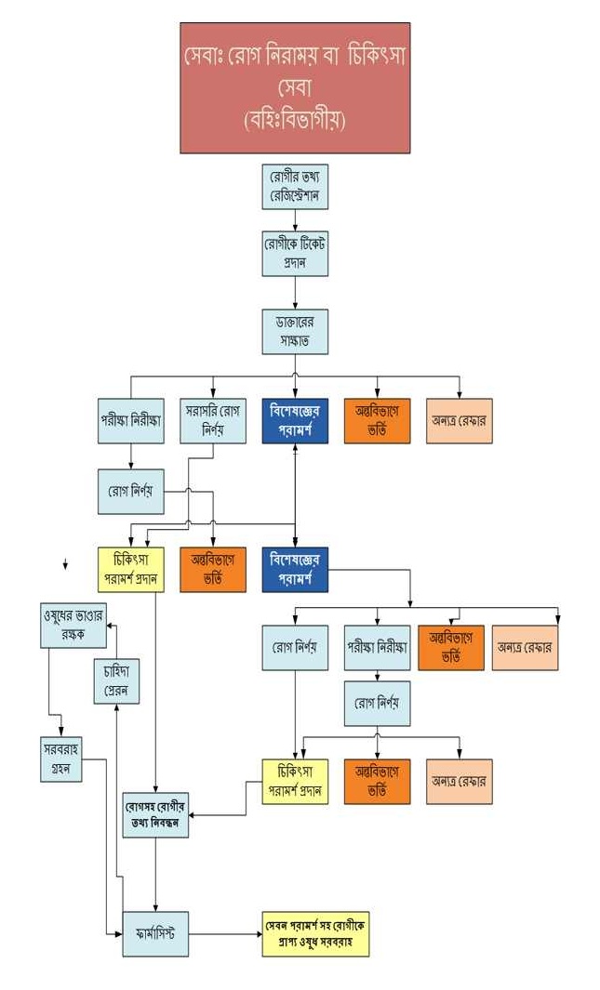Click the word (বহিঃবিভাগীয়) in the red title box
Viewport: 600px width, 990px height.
point(295,120)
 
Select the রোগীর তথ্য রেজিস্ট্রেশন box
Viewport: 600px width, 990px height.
point(295,188)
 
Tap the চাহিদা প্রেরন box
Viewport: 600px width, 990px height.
point(115,681)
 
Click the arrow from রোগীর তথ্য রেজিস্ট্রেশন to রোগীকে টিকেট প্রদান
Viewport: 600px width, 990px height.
point(295,220)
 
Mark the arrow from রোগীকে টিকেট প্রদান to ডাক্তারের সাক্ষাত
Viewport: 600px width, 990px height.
point(295,293)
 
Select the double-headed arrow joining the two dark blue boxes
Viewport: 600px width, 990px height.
point(295,493)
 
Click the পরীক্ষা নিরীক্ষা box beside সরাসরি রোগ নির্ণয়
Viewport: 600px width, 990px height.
point(130,421)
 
